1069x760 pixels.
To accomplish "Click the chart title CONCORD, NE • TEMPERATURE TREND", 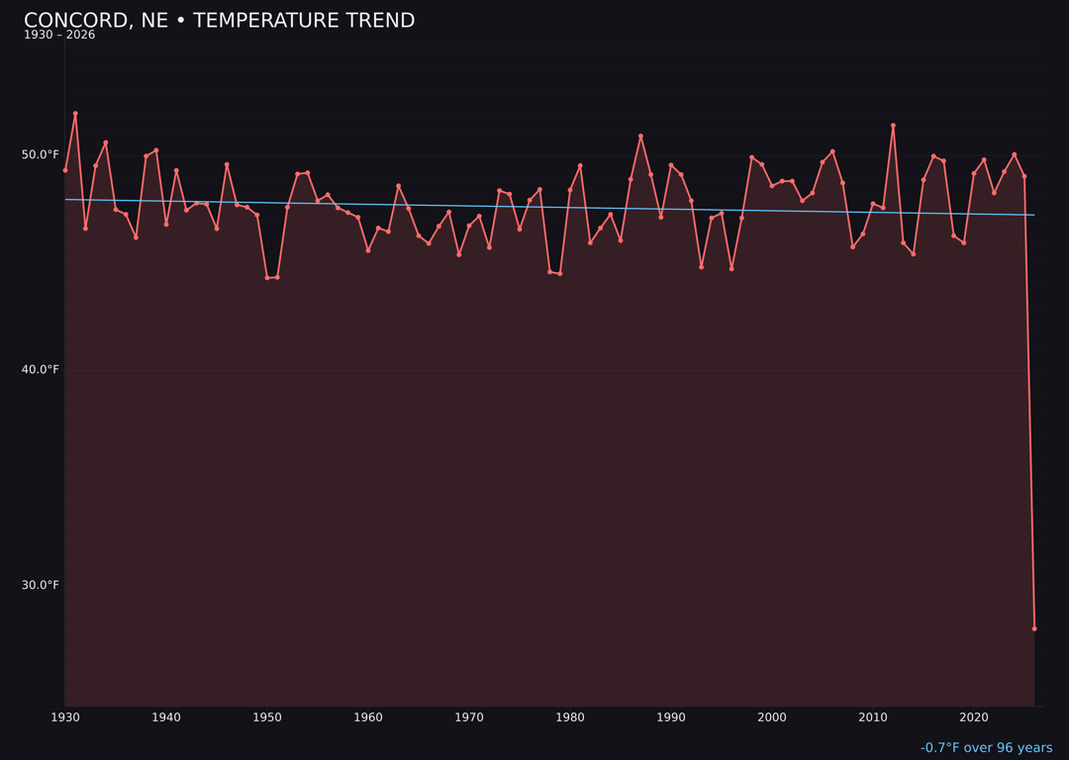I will pos(219,21).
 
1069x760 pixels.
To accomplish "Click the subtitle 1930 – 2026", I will pos(59,36).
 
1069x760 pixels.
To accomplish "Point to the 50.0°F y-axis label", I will pos(41,154).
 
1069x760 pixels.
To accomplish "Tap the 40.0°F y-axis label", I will pos(41,370).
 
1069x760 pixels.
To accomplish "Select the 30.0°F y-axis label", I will pos(41,585).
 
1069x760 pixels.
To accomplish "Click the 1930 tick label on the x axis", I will pos(65,717).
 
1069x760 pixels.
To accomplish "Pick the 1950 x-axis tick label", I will pos(267,717).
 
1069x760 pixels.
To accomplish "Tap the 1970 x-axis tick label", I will pos(469,717).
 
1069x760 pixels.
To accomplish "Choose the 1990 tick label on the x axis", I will pos(671,717).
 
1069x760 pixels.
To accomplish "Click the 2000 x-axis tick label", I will pos(772,717).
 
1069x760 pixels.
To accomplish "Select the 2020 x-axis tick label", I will pos(974,717).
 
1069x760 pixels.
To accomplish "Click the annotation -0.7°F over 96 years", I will pos(986,748).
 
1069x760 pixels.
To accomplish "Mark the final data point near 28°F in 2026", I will pos(1034,628).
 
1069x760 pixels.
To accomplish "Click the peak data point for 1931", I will pos(75,114).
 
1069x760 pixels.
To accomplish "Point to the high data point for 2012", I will pos(893,126).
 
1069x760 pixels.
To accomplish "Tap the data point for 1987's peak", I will pos(640,136).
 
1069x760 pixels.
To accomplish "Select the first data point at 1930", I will pos(65,170).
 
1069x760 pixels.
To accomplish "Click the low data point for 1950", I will pos(267,278).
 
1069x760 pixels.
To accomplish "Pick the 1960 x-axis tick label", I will pos(368,717).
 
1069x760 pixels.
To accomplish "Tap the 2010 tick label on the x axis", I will pos(873,717).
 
